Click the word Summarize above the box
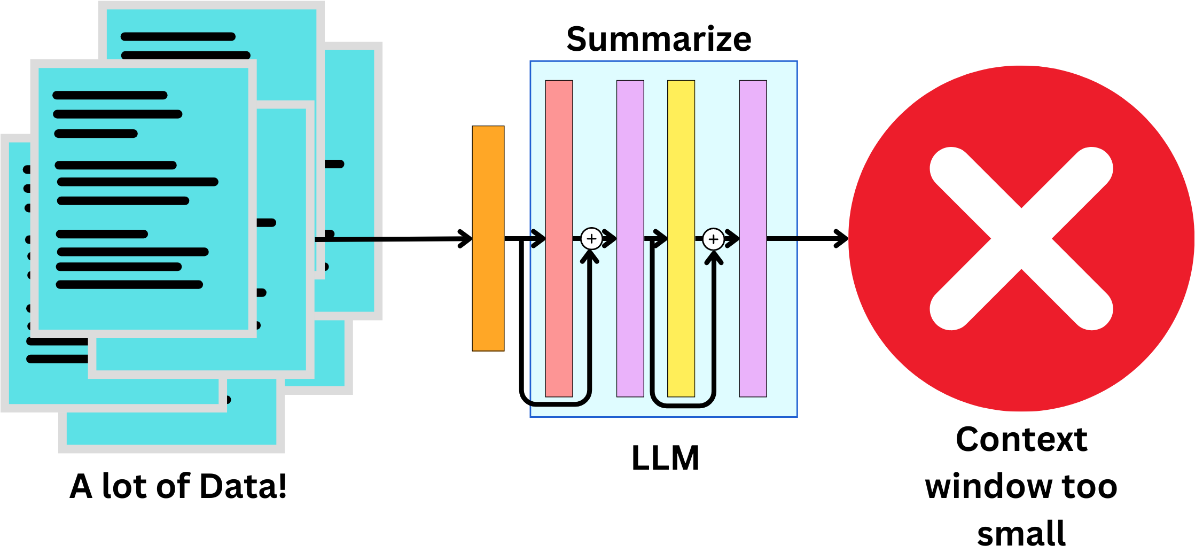pyautogui.click(x=659, y=40)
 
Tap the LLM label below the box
pyautogui.click(x=665, y=458)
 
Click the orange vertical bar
pyautogui.click(x=488, y=238)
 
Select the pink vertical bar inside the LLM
pyautogui.click(x=559, y=160)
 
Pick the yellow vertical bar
pyautogui.click(x=681, y=160)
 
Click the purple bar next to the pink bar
pyautogui.click(x=630, y=160)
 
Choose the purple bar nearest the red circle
pyautogui.click(x=753, y=160)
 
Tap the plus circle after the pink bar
pyautogui.click(x=591, y=239)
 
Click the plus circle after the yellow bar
pyautogui.click(x=713, y=239)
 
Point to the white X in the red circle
pyautogui.click(x=1021, y=238)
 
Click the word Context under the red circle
pyautogui.click(x=1021, y=440)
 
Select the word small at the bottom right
pyautogui.click(x=1021, y=533)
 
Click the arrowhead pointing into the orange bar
pyautogui.click(x=466, y=239)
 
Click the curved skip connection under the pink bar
pyautogui.click(x=556, y=404)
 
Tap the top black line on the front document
pyautogui.click(x=110, y=96)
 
